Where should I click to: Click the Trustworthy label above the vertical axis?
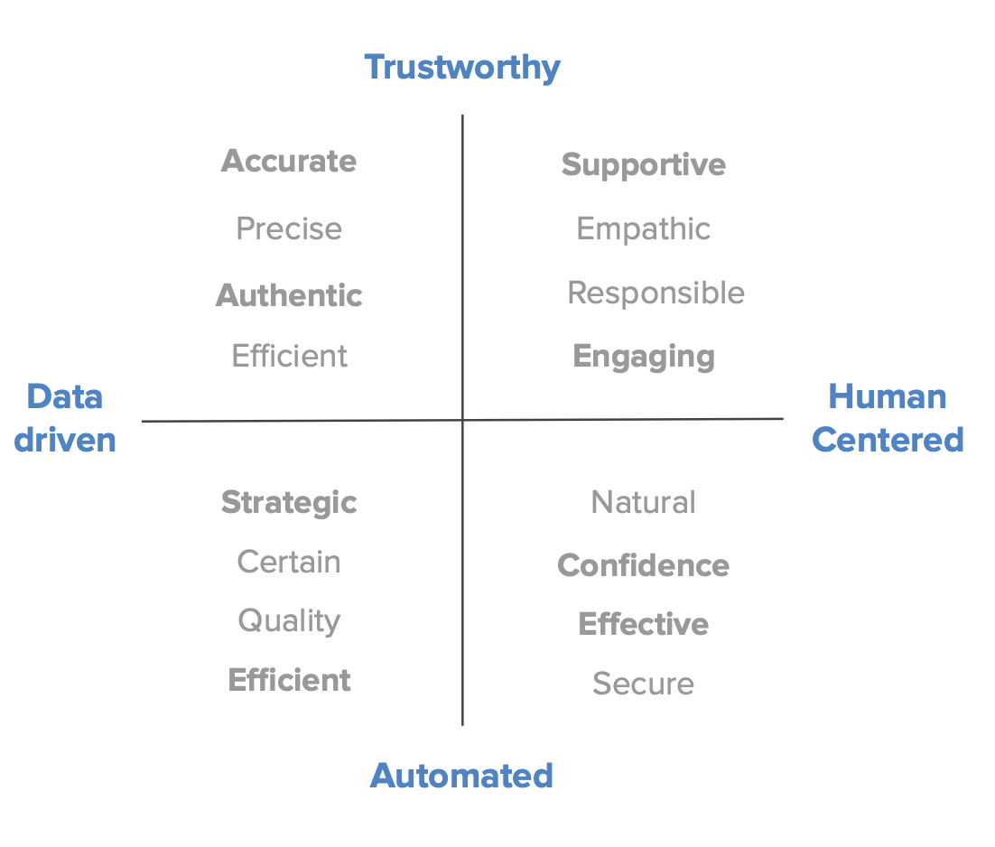coord(462,68)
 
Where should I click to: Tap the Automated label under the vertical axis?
coord(461,776)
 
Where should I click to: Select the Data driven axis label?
coord(65,418)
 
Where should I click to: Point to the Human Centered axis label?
coord(888,418)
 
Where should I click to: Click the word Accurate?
coord(289,162)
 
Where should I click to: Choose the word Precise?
coord(289,228)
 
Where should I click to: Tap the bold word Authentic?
coord(289,295)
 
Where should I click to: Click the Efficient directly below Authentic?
coord(289,356)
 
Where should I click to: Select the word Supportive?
coord(644,164)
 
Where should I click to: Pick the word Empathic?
coord(644,228)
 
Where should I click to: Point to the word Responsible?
coord(656,293)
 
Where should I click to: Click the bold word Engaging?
coord(644,357)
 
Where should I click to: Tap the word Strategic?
coord(289,502)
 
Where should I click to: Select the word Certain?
coord(289,562)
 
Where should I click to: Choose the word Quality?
coord(289,621)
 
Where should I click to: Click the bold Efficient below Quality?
coord(289,680)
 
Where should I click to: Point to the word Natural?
coord(644,502)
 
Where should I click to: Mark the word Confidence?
coord(644,565)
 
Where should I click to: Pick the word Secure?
coord(644,684)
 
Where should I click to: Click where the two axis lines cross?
coord(462,420)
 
